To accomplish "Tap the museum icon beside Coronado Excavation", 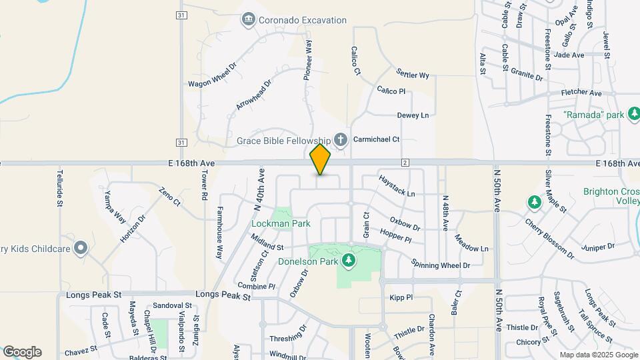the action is (248, 19).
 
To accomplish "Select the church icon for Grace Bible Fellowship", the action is (341, 140).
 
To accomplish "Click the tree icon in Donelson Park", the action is (347, 259).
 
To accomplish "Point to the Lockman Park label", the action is (280, 223).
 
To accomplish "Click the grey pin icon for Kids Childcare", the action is (81, 249).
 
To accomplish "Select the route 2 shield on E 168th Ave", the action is (405, 163).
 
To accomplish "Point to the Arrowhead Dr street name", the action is (254, 96).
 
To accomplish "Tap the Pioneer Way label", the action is (308, 60).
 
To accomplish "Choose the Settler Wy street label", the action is (412, 73).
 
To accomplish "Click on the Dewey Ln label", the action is (413, 115).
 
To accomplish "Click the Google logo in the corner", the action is (22, 351).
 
